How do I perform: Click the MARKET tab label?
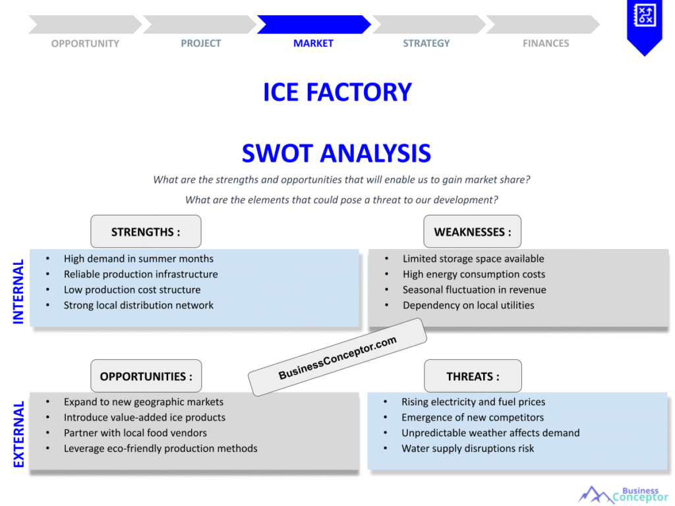tap(313, 43)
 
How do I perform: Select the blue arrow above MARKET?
tap(314, 24)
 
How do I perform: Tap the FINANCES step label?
tap(546, 43)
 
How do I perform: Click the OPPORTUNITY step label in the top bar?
tap(85, 43)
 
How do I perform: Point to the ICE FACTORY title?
tap(337, 92)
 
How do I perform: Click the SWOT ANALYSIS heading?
tap(336, 154)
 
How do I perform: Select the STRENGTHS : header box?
tap(146, 232)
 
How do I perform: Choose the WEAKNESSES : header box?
tap(472, 232)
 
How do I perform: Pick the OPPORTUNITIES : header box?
tap(146, 377)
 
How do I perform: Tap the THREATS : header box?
tap(473, 377)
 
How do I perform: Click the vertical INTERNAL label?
tap(18, 291)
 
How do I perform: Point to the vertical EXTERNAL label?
tap(18, 434)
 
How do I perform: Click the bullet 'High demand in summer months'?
tap(138, 259)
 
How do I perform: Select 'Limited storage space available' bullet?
tap(473, 259)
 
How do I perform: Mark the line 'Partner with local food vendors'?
tap(135, 433)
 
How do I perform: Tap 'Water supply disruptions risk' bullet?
tap(467, 449)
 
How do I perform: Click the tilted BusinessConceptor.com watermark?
tap(337, 358)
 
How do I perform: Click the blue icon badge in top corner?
tap(644, 25)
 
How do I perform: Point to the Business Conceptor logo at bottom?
tap(623, 494)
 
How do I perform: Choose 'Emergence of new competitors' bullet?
tap(473, 418)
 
